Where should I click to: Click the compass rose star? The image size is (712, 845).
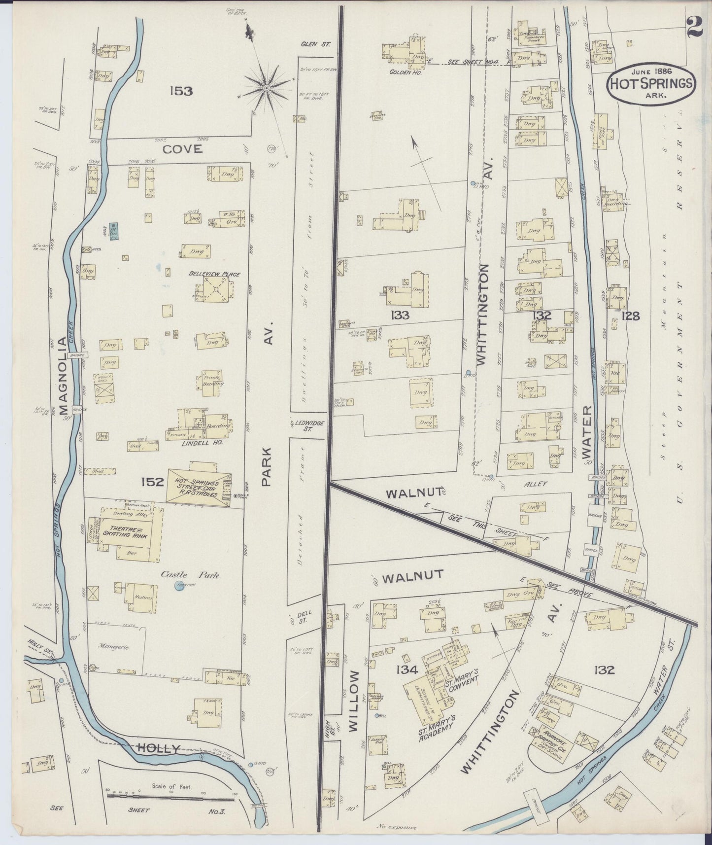pyautogui.click(x=266, y=88)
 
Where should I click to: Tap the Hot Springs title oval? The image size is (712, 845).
pyautogui.click(x=652, y=84)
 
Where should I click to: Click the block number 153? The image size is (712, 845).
pyautogui.click(x=181, y=91)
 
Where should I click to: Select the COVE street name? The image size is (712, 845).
pyautogui.click(x=183, y=149)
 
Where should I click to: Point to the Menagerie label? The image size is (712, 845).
pyautogui.click(x=113, y=647)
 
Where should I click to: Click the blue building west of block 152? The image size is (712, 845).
pyautogui.click(x=113, y=231)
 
